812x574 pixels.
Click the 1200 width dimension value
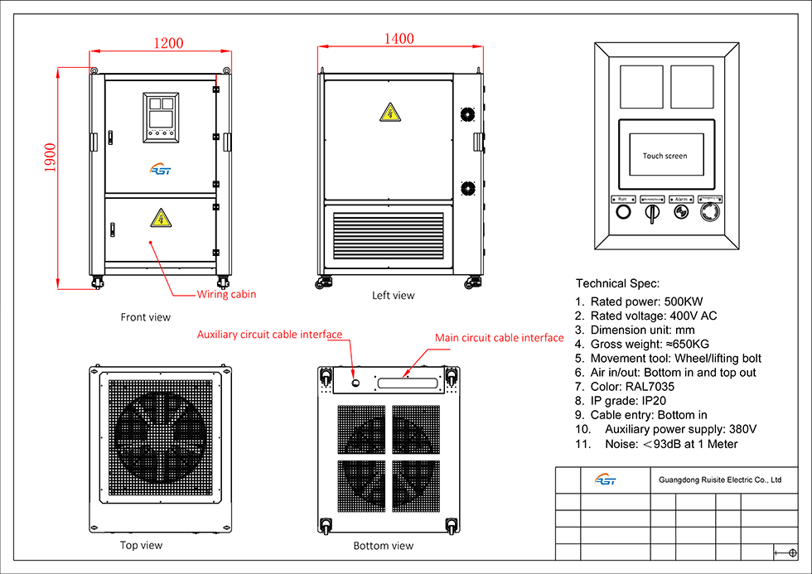click(168, 43)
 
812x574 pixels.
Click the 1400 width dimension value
click(399, 39)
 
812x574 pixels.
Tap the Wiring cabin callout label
click(226, 294)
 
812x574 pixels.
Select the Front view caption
click(146, 316)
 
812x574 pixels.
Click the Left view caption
click(394, 295)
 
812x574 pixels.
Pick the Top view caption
click(141, 545)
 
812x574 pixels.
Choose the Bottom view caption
click(383, 546)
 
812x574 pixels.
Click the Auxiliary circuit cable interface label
click(269, 335)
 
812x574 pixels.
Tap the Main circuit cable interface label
click(500, 338)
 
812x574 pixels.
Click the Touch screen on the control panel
click(665, 156)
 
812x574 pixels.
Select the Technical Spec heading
click(617, 283)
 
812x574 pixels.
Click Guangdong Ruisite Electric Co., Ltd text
click(719, 479)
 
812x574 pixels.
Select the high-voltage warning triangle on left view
click(388, 112)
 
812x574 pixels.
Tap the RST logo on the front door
click(160, 170)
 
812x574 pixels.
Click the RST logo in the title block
click(606, 480)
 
